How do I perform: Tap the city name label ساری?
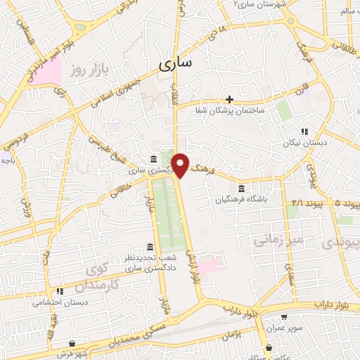175,65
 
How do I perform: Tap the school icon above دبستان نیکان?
304,131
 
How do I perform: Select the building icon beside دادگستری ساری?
154,160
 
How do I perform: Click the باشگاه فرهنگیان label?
242,200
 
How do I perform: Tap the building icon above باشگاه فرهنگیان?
241,188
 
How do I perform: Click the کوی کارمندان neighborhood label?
103,276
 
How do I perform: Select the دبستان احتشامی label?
60,302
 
